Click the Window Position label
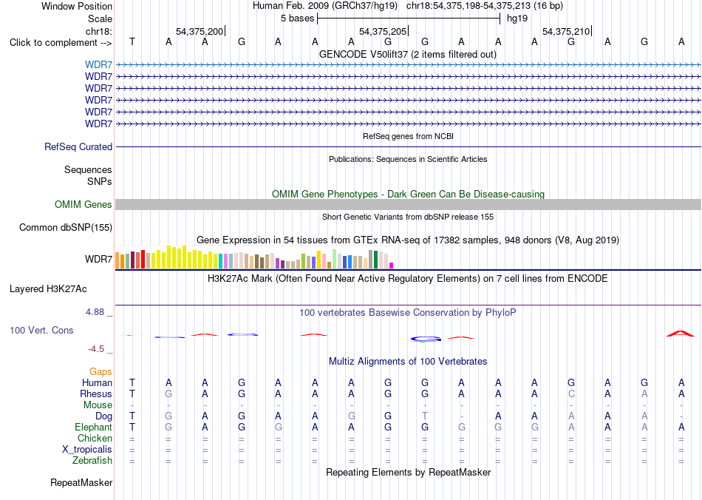(x=77, y=6)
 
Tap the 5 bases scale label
(x=297, y=18)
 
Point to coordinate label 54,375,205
(x=383, y=31)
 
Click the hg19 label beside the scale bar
(x=517, y=18)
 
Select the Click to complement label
(x=61, y=43)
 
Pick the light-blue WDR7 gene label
(x=98, y=65)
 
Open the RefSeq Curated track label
(x=78, y=147)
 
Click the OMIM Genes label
(x=84, y=205)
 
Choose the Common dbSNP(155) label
(x=66, y=228)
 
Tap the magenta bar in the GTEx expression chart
(x=392, y=266)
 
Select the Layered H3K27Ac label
(x=48, y=289)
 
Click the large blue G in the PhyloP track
(x=426, y=339)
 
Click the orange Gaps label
(x=100, y=372)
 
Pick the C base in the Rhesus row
(x=571, y=393)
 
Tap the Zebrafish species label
(x=92, y=461)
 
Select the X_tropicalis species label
(x=87, y=450)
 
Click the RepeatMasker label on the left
(x=81, y=483)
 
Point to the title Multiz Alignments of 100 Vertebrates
(x=408, y=362)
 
